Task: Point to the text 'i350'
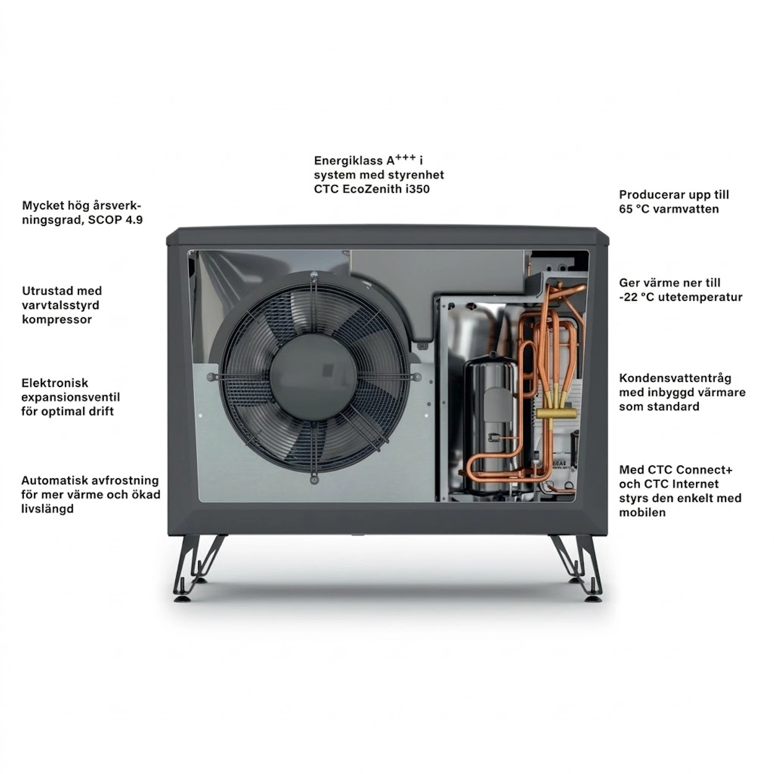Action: click(416, 189)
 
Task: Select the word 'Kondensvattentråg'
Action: click(675, 379)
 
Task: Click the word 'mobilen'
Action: click(642, 512)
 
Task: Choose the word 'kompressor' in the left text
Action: click(57, 320)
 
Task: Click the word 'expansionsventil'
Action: click(71, 398)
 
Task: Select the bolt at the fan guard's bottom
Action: click(314, 479)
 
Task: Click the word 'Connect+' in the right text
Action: click(704, 470)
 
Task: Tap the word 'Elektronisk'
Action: click(55, 383)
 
